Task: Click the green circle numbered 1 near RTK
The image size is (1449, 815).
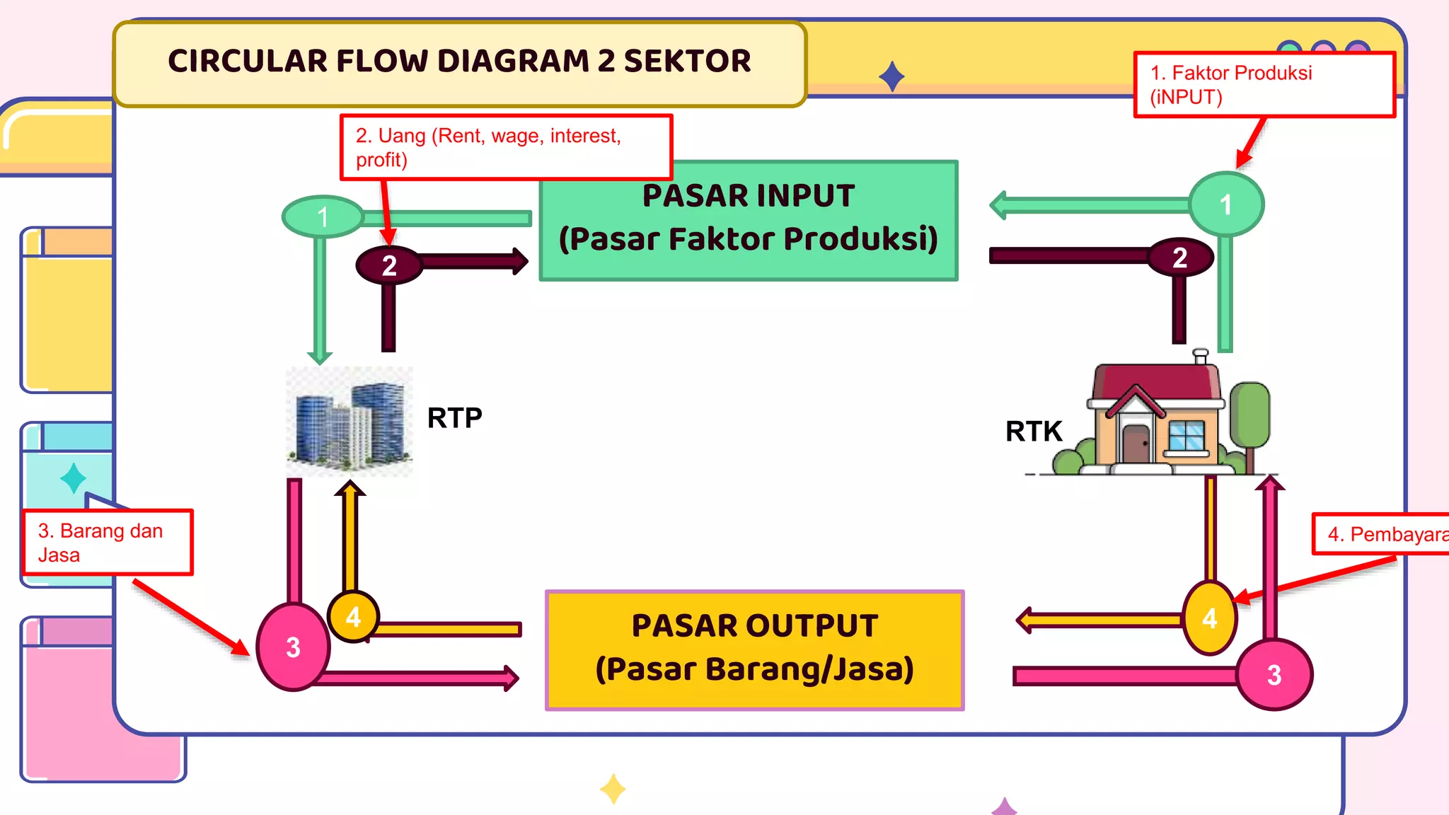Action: pyautogui.click(x=1225, y=204)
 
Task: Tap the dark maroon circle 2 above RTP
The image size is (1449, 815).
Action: pyautogui.click(x=388, y=265)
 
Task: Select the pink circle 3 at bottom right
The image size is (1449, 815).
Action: pyautogui.click(x=1274, y=674)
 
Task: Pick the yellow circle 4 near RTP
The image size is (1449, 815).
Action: pyautogui.click(x=353, y=617)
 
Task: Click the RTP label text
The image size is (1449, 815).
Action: pyautogui.click(x=454, y=418)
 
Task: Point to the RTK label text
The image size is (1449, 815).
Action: pyautogui.click(x=1034, y=431)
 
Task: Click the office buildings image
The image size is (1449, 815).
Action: pyautogui.click(x=349, y=422)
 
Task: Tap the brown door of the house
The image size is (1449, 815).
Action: pyautogui.click(x=1136, y=444)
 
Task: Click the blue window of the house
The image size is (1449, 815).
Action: pyautogui.click(x=1187, y=436)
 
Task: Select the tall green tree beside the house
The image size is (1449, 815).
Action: pyautogui.click(x=1250, y=417)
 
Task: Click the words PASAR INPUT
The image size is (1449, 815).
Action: pyautogui.click(x=748, y=196)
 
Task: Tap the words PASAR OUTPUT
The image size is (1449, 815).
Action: pyautogui.click(x=754, y=625)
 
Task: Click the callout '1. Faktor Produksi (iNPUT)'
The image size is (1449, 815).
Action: pyautogui.click(x=1264, y=84)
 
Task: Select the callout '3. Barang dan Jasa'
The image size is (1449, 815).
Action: pyautogui.click(x=107, y=543)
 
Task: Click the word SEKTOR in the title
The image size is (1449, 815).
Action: pyautogui.click(x=687, y=61)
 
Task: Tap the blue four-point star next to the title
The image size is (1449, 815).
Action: pyautogui.click(x=891, y=76)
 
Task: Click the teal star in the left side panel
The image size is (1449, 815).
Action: pyautogui.click(x=74, y=478)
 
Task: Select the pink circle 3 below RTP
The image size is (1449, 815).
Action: pyautogui.click(x=293, y=647)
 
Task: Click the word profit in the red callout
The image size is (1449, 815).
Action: pyautogui.click(x=381, y=160)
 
